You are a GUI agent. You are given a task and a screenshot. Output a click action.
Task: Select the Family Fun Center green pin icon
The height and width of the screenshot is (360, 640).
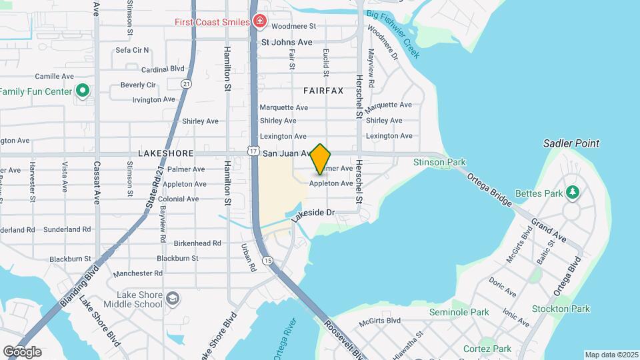click(83, 90)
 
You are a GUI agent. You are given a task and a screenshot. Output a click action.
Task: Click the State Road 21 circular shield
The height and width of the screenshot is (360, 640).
click(186, 83)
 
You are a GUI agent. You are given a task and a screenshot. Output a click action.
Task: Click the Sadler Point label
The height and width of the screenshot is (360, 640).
click(571, 143)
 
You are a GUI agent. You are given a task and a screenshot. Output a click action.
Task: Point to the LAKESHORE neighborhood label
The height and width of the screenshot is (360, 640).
click(160, 153)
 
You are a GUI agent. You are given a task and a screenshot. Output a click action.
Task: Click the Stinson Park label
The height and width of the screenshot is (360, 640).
click(439, 162)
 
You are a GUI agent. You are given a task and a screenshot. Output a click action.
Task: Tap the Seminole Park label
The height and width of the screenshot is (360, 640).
click(459, 312)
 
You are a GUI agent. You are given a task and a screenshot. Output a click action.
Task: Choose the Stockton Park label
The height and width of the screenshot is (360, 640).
click(561, 309)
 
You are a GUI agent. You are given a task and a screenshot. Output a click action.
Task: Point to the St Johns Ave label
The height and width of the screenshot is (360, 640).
click(287, 42)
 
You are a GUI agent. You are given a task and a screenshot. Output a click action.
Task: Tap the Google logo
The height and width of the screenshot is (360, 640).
click(22, 351)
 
